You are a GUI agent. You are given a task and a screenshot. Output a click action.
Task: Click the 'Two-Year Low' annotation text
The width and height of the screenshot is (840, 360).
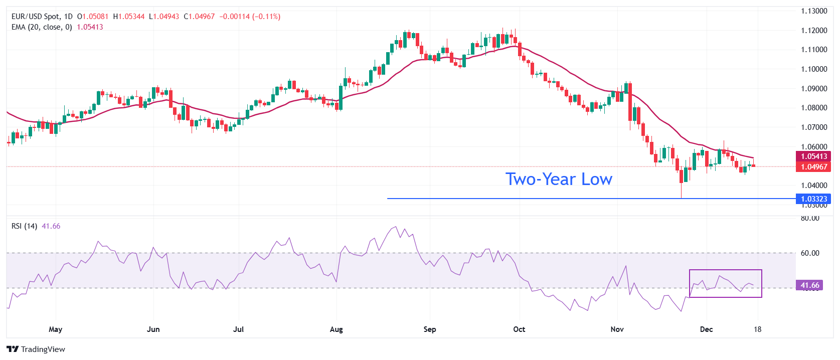(559, 179)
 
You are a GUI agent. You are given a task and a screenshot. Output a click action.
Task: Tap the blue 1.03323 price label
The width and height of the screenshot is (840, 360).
(813, 199)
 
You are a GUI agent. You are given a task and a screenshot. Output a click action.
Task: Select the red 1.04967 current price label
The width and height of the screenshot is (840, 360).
(813, 167)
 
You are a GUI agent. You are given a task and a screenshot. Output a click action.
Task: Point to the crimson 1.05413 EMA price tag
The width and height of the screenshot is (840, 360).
(813, 156)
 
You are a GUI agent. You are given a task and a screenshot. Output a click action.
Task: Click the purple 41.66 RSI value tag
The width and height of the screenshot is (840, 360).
(809, 285)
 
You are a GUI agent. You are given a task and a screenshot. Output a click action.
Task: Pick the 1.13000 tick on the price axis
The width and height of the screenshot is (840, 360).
(813, 11)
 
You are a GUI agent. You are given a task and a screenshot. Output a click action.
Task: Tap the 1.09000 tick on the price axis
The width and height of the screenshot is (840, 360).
(813, 89)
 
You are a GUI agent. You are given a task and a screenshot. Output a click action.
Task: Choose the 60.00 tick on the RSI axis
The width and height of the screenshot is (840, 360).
(810, 253)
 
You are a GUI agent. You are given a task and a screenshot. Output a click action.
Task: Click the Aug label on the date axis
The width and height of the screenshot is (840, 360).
(337, 329)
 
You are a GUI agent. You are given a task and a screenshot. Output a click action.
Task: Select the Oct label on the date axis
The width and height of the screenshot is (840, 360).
(519, 329)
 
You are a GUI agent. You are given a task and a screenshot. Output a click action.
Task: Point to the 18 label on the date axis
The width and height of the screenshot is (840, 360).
(757, 329)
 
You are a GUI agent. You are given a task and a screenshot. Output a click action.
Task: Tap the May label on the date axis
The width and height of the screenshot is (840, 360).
(56, 329)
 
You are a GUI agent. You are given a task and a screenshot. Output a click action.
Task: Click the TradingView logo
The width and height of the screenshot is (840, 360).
(36, 349)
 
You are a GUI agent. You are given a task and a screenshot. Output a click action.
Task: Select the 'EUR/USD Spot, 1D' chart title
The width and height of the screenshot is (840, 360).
(42, 17)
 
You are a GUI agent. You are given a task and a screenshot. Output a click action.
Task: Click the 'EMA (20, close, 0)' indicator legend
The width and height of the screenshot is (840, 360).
(42, 27)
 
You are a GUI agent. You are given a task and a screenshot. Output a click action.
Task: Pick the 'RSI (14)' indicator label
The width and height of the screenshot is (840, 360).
(24, 226)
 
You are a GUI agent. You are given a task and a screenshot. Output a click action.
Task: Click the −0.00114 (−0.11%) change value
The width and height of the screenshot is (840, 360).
(250, 17)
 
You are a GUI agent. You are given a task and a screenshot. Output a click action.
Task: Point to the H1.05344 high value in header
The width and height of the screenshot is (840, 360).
(129, 17)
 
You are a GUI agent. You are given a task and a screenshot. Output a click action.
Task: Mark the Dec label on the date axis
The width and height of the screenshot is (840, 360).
(706, 329)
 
